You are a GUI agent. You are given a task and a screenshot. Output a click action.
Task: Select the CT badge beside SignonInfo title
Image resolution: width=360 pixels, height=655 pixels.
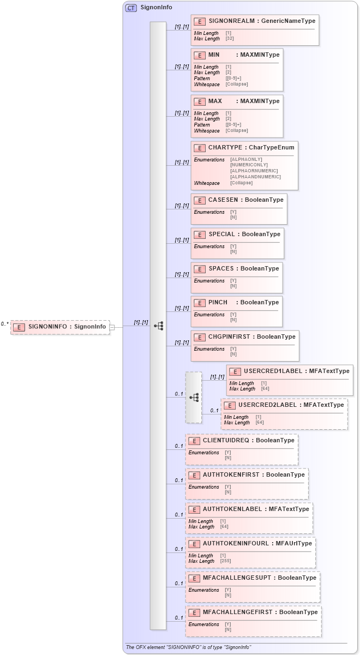131,8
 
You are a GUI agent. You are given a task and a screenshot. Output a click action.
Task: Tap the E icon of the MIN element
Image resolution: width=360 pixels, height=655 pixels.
200,55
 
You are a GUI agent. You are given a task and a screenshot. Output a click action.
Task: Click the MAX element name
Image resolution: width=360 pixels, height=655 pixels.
215,101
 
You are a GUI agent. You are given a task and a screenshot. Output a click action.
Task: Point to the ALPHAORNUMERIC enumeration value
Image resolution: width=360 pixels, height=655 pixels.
254,171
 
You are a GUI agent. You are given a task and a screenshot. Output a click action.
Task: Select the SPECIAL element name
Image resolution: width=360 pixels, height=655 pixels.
221,235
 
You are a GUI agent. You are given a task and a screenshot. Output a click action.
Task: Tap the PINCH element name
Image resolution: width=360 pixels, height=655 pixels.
218,303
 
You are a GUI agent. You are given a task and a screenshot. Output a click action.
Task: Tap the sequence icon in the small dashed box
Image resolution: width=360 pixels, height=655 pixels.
194,397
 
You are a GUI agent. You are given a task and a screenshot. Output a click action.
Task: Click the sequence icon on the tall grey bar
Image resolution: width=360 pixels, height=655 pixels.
158,326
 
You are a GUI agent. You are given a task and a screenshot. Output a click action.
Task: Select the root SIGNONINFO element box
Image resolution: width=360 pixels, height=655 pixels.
60,327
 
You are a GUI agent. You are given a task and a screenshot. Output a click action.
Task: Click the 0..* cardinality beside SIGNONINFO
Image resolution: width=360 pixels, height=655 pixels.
4,324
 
